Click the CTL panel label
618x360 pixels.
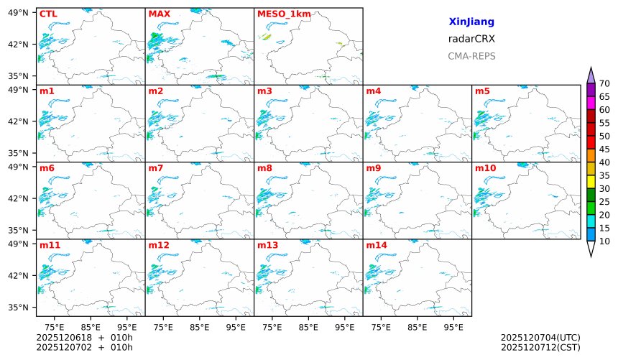click(x=47, y=14)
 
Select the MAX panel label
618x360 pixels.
click(x=158, y=14)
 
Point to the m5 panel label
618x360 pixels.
click(x=482, y=91)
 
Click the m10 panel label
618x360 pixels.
click(x=485, y=168)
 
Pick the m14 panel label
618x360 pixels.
click(x=376, y=245)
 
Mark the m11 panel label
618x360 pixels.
click(x=50, y=245)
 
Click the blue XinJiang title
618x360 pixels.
click(x=471, y=22)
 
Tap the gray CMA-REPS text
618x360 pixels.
click(x=471, y=56)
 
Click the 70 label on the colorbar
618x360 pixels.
click(x=604, y=84)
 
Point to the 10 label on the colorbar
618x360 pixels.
click(x=604, y=241)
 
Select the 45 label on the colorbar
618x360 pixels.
click(x=604, y=149)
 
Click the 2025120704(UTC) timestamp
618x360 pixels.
click(x=540, y=337)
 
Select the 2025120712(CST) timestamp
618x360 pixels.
click(x=540, y=348)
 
